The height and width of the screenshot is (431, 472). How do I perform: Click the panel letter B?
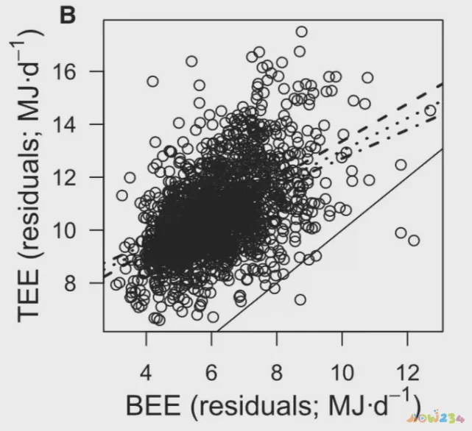click(x=68, y=14)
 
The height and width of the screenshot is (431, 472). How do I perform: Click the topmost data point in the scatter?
click(x=301, y=32)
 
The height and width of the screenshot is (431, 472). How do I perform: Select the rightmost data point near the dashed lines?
click(x=430, y=110)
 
